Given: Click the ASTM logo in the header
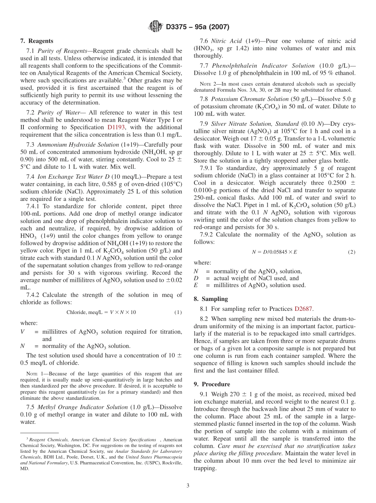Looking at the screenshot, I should [x=155, y=26].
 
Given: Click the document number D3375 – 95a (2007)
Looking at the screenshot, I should [x=197, y=27].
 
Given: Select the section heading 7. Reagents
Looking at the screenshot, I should [x=36, y=41].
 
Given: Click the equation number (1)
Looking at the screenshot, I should [x=178, y=312].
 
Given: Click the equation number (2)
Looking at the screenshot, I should [x=351, y=252].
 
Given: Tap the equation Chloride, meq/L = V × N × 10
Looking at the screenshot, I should [x=101, y=312].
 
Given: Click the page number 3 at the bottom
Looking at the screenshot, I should [x=188, y=486].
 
